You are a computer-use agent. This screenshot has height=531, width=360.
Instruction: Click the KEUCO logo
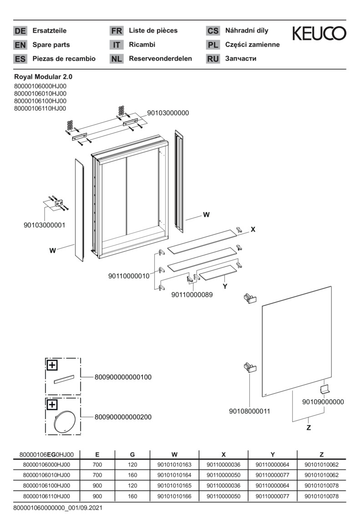(x=319, y=33)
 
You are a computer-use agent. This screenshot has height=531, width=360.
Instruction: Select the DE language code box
(x=20, y=31)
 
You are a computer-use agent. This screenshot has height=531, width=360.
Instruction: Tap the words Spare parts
(x=51, y=45)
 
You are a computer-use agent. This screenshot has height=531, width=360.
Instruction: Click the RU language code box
(x=213, y=59)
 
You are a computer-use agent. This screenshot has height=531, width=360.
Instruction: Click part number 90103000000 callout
(x=167, y=113)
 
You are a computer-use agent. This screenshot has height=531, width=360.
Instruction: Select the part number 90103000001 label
(x=44, y=225)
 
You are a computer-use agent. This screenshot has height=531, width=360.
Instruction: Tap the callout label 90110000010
(x=129, y=276)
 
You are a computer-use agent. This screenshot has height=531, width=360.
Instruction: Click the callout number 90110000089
(x=192, y=295)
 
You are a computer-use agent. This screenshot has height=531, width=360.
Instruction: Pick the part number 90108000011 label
(x=249, y=411)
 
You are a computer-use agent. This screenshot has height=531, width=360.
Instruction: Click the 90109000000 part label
(x=323, y=402)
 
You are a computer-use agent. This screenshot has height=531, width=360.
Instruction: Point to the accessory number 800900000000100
(x=123, y=377)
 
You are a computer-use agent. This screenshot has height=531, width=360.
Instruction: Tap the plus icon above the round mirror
(x=52, y=404)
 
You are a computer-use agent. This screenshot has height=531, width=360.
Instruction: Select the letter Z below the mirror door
(x=309, y=428)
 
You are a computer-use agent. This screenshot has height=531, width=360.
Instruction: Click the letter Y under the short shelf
(x=225, y=286)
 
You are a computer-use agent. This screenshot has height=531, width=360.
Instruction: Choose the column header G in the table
(x=132, y=454)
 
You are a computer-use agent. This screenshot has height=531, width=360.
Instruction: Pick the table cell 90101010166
(x=174, y=496)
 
